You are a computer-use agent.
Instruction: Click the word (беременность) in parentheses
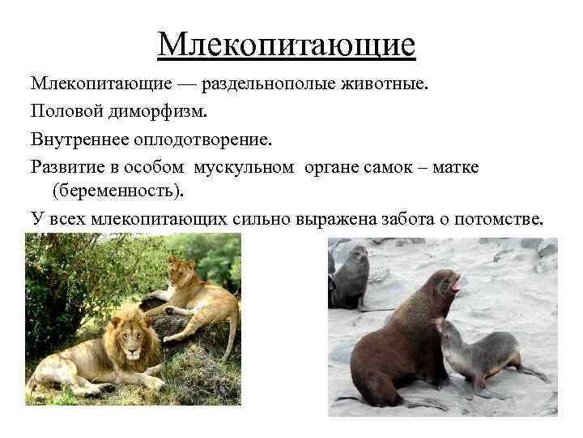coord(117,191)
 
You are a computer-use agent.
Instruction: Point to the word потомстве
coord(507,220)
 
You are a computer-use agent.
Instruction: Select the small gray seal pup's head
coord(447,329)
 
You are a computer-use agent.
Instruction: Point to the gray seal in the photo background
coord(350,276)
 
